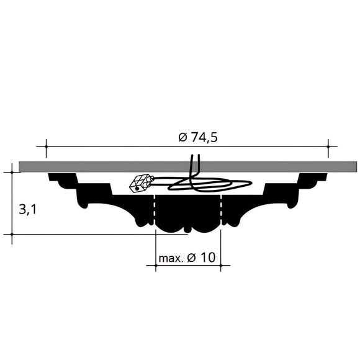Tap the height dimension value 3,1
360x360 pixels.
click(x=27, y=209)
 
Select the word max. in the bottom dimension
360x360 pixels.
click(x=171, y=258)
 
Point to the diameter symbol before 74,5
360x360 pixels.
click(x=182, y=138)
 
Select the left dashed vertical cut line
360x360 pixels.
click(x=155, y=211)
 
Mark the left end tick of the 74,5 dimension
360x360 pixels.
click(x=45, y=147)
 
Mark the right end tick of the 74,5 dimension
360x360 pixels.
click(x=328, y=147)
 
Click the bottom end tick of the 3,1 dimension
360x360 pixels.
click(x=12, y=235)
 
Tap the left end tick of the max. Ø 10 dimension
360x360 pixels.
click(x=155, y=266)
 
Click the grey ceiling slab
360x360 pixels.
click(x=93, y=166)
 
